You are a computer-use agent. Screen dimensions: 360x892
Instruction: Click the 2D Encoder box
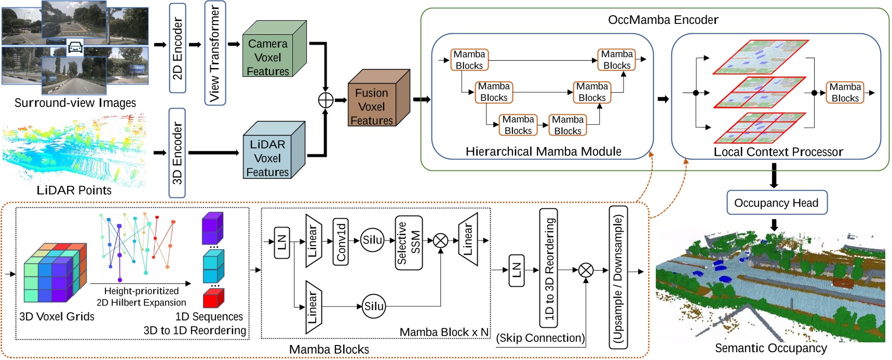point(178,48)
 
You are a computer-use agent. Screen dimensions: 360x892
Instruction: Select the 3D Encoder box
point(177,153)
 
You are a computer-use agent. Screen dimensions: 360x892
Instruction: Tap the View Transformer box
point(214,53)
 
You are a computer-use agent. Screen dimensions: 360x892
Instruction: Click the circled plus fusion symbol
point(326,100)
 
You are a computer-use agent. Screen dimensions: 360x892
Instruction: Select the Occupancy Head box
point(776,203)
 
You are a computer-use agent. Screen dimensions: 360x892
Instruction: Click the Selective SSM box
point(409,243)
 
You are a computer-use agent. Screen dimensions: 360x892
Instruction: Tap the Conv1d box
point(341,242)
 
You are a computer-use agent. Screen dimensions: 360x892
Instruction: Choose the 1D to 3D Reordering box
point(549,268)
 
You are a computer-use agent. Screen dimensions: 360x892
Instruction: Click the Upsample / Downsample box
point(618,276)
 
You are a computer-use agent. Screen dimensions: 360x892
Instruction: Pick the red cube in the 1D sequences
point(213,298)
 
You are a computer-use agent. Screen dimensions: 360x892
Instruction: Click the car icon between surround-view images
point(75,48)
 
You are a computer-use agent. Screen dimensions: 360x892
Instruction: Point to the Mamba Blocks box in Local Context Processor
point(844,92)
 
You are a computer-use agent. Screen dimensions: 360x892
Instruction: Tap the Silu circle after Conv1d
point(372,240)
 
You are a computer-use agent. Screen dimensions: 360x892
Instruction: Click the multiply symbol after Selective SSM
point(440,241)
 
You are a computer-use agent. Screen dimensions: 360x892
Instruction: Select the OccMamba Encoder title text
point(663,20)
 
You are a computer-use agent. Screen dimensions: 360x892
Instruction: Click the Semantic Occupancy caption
point(771,348)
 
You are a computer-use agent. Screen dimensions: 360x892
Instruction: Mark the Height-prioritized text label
point(141,291)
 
